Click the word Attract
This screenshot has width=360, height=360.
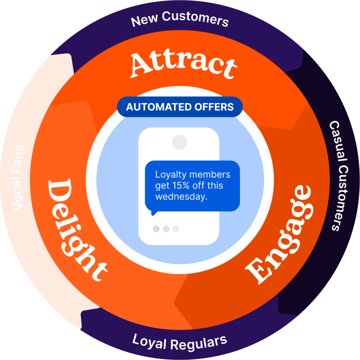coord(183,64)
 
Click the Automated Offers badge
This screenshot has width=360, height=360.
coord(180,107)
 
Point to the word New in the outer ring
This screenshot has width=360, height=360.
coord(143,21)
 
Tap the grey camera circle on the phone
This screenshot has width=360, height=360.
coord(180,142)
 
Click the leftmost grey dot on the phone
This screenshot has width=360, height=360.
coord(156,229)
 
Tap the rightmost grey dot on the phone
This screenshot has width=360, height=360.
coord(176,229)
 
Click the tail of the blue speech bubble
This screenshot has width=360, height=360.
coord(154,212)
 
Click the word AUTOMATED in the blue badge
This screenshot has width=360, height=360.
coord(154,107)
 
